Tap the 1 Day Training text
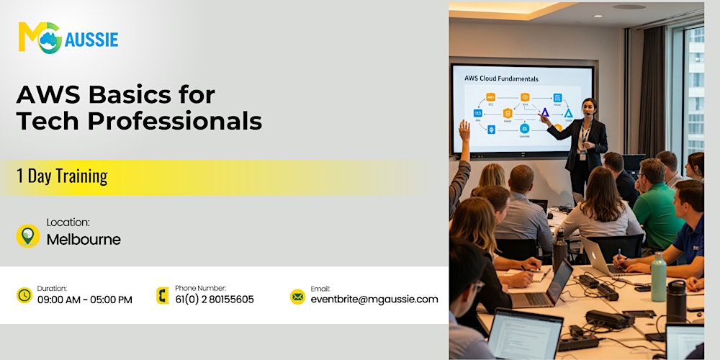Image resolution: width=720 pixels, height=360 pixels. point(62,176)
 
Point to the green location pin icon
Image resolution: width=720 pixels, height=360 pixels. point(27,235)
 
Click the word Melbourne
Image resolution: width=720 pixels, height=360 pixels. point(84,240)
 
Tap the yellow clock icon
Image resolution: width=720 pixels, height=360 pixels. point(24,295)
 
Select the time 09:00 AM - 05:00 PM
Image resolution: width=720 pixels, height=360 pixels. point(85,300)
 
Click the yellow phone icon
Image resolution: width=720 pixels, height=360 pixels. point(163,295)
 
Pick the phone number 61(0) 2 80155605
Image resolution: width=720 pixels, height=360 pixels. point(215,300)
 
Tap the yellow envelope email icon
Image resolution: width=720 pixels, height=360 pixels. point(297,296)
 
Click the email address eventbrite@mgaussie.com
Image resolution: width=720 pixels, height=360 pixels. point(374,300)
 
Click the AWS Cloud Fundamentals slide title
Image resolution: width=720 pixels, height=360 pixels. point(501,78)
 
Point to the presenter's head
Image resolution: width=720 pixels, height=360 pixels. point(589,107)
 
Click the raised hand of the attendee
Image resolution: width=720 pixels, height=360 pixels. point(464,130)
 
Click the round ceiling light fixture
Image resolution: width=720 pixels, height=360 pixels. point(629,6)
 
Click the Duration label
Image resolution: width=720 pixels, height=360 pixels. point(52,288)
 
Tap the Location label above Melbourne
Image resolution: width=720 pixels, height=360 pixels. point(68,223)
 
